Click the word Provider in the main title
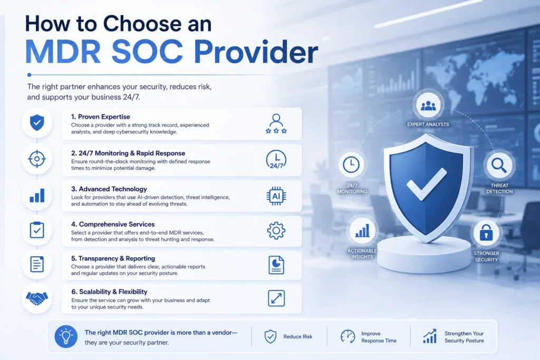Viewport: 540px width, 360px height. click(256, 52)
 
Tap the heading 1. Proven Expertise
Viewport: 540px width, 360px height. click(101, 116)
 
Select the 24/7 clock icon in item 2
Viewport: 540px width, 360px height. click(276, 160)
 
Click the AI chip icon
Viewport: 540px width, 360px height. click(276, 196)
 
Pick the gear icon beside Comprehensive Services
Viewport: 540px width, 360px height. click(276, 230)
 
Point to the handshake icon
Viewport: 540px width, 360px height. click(37, 298)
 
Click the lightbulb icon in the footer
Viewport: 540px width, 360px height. click(66, 336)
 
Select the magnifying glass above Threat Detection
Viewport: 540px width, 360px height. click(499, 166)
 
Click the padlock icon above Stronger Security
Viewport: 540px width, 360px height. click(486, 232)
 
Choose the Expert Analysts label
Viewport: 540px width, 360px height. click(428, 124)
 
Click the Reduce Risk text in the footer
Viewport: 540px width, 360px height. click(298, 337)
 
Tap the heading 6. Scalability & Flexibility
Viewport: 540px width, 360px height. click(109, 291)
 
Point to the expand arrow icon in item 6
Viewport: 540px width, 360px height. click(276, 298)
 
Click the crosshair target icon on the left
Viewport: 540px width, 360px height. click(37, 159)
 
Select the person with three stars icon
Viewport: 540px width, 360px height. click(276, 123)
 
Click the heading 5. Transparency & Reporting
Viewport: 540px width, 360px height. click(113, 258)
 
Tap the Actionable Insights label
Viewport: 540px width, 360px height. click(362, 254)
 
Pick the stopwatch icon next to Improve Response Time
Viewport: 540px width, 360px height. click(348, 336)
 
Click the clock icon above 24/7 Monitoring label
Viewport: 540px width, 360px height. click(351, 164)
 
